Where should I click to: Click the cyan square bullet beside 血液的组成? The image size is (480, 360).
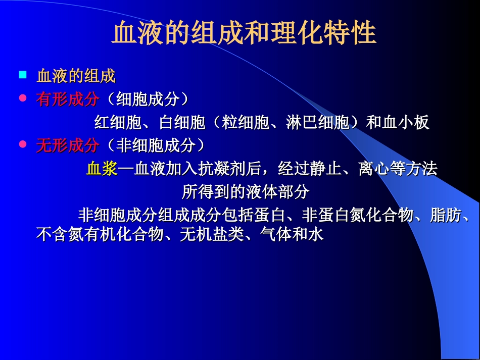point(22,75)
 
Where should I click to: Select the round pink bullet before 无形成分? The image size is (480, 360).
point(22,144)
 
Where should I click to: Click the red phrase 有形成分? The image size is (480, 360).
point(67,99)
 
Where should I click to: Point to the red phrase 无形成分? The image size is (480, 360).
point(67,146)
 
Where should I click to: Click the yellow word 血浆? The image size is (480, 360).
point(102,169)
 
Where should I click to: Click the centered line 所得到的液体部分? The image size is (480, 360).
point(245,192)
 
